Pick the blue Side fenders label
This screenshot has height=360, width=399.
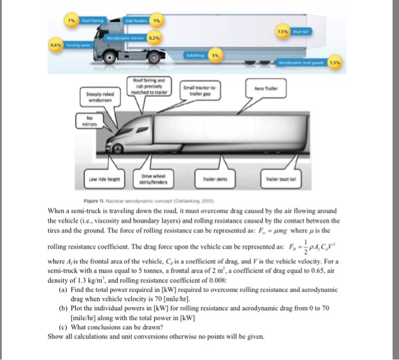pyautogui.click(x=133, y=20)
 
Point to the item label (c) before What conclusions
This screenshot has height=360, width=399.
pyautogui.click(x=63, y=328)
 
